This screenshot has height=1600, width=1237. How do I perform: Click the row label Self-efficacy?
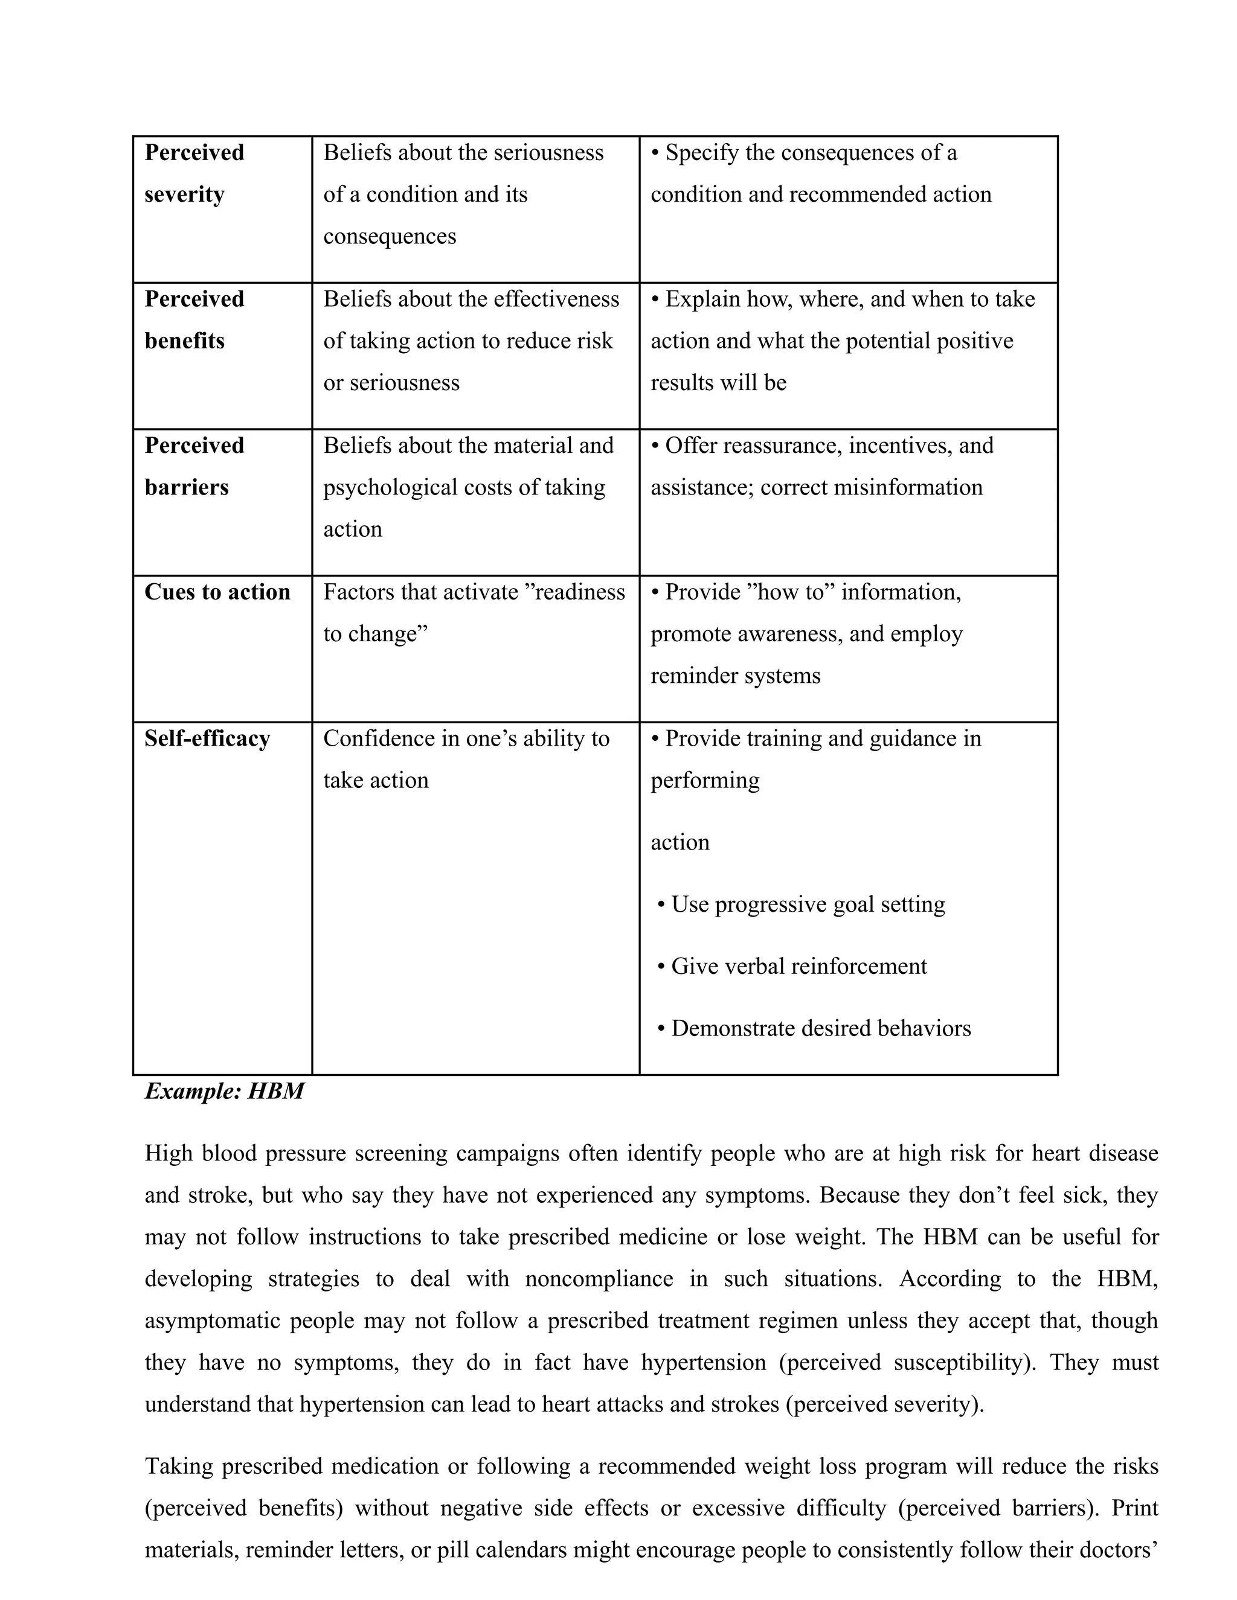coord(207,738)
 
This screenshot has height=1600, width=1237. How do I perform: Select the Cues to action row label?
coord(217,592)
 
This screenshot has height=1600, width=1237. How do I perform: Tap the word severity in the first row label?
coord(184,195)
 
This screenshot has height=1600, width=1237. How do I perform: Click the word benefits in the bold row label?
coord(184,341)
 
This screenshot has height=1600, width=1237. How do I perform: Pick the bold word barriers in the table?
coord(186,488)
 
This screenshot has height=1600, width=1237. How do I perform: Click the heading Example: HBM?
coord(224,1092)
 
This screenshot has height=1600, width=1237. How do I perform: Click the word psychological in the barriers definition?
coord(392,488)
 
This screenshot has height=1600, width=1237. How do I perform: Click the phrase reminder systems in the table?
coord(735,676)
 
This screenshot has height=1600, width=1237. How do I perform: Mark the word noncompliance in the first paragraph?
coord(599,1280)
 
